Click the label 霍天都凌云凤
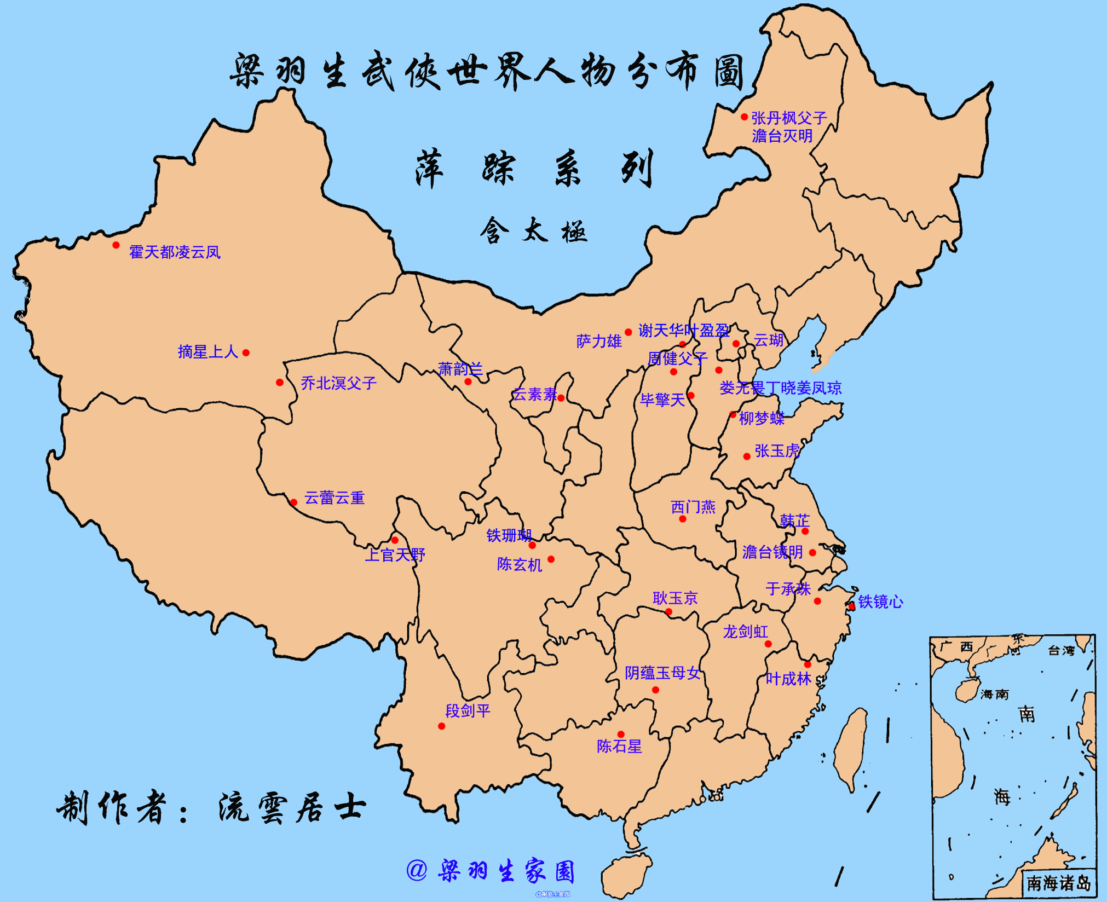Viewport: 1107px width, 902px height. point(175,252)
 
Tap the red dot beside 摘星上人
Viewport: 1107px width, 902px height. point(246,353)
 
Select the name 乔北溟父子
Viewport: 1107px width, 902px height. point(338,383)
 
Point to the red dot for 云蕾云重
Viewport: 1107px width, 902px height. point(293,502)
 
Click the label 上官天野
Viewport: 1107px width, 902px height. point(395,554)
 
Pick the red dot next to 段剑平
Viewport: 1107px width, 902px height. point(441,726)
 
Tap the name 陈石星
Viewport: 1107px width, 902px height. point(619,746)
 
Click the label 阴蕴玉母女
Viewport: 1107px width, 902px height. point(662,673)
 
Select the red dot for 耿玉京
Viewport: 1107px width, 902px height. point(668,611)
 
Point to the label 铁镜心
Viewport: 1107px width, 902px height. point(880,602)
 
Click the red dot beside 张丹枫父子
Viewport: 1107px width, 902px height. point(744,117)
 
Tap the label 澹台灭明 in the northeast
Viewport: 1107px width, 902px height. point(782,136)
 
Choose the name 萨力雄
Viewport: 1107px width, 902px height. point(598,342)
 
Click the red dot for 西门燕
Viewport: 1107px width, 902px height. point(682,519)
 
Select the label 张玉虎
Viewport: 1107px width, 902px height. point(777,451)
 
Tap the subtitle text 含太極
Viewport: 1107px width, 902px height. point(534,230)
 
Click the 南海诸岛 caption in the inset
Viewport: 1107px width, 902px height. point(1058,882)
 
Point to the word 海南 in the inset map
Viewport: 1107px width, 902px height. point(994,694)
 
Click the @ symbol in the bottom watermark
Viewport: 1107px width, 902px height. point(417,870)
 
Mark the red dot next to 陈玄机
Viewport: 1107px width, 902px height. point(551,559)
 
